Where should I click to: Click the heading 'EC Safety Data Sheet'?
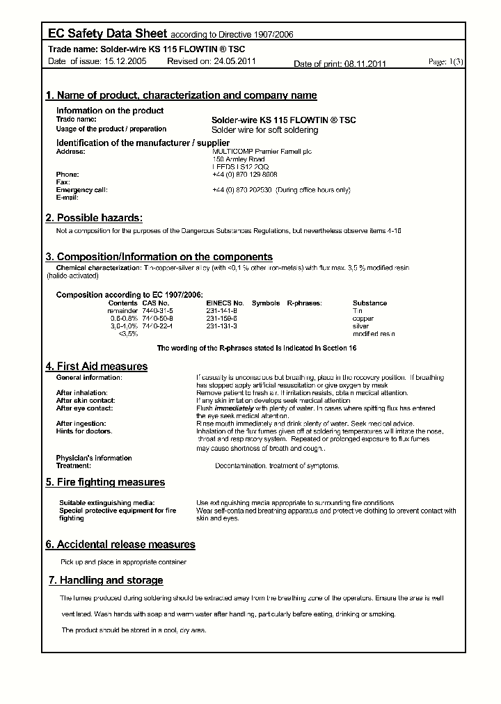coord(107,33)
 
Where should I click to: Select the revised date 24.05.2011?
coord(234,62)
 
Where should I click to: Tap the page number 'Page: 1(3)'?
coord(445,62)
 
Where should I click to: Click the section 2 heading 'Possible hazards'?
coord(94,218)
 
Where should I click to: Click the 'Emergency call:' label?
coord(81,190)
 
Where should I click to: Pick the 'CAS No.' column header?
coord(155,303)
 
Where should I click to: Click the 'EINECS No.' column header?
coord(225,303)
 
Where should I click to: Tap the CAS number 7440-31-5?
coord(157,311)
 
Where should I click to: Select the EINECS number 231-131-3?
coord(221,326)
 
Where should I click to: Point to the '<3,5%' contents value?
coord(128,334)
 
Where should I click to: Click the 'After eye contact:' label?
coord(84,408)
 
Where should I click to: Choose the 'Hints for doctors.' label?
coord(83,431)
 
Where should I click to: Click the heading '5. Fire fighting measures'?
coord(105,482)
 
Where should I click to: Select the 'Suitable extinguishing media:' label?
coord(106,503)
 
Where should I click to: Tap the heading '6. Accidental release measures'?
coord(120,545)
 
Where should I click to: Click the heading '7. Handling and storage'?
coord(106,580)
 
